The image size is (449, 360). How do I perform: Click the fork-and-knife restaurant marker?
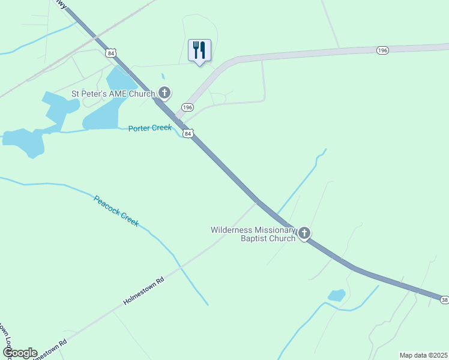coord(199,50)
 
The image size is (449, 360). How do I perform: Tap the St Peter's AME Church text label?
coord(113,94)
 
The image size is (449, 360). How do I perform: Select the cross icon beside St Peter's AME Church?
coord(164,93)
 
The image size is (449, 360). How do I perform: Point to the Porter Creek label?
coord(150,128)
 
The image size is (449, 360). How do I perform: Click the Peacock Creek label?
coord(116,211)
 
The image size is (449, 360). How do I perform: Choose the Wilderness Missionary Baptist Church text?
coord(253,234)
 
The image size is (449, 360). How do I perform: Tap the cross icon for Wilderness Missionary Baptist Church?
coord(304,233)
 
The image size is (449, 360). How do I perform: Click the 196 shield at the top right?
coord(382,50)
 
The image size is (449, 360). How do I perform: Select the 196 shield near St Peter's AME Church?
coord(188,107)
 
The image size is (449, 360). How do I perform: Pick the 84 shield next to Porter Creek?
coord(188,134)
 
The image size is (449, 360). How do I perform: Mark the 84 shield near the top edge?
coord(110,53)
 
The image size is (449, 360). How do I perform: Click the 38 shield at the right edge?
coord(444,299)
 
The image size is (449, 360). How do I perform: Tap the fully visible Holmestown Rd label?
coord(143,290)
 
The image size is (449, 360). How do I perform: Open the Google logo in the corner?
coord(20,353)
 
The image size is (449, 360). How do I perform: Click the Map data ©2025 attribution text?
coord(423,355)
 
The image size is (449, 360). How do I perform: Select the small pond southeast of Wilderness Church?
coord(336,295)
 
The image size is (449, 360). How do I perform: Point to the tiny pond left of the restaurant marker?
coord(163,76)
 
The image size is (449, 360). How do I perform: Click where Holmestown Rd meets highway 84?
coord(257,201)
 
